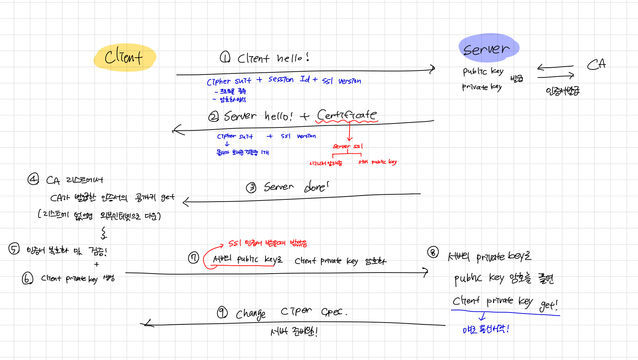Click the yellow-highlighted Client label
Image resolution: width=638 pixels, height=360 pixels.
tap(124, 57)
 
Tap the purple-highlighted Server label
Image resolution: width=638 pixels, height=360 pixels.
tap(487, 49)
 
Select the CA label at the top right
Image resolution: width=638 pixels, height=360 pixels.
tap(596, 65)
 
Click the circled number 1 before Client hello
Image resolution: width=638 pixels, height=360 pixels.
tap(225, 57)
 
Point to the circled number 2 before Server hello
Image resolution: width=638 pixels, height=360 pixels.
tap(213, 117)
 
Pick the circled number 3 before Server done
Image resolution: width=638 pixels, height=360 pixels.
tap(251, 188)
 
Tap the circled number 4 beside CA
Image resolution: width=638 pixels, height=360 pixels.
tap(33, 179)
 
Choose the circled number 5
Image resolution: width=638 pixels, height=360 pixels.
tap(14, 249)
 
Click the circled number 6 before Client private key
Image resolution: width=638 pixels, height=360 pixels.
tap(27, 278)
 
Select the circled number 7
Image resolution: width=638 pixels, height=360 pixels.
tap(194, 258)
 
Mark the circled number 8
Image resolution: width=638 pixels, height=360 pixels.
tap(433, 252)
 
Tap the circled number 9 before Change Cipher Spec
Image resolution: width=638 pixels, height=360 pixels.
tap(222, 312)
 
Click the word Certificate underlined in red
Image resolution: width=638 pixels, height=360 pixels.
tap(347, 115)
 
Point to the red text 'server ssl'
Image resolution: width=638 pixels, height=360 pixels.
tap(348, 146)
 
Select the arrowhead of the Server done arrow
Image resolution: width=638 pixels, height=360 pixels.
tap(185, 202)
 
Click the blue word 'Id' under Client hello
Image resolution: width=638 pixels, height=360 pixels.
tap(305, 79)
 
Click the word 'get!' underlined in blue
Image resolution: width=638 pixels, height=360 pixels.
tap(548, 305)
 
